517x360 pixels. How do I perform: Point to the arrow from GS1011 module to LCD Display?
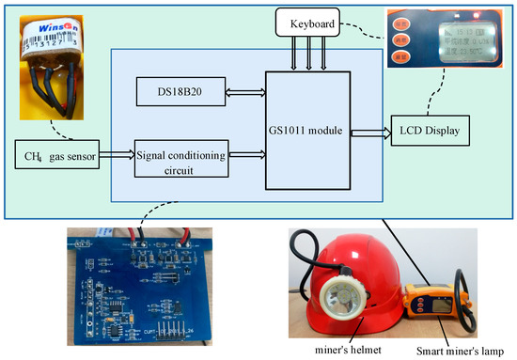(x=368, y=132)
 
